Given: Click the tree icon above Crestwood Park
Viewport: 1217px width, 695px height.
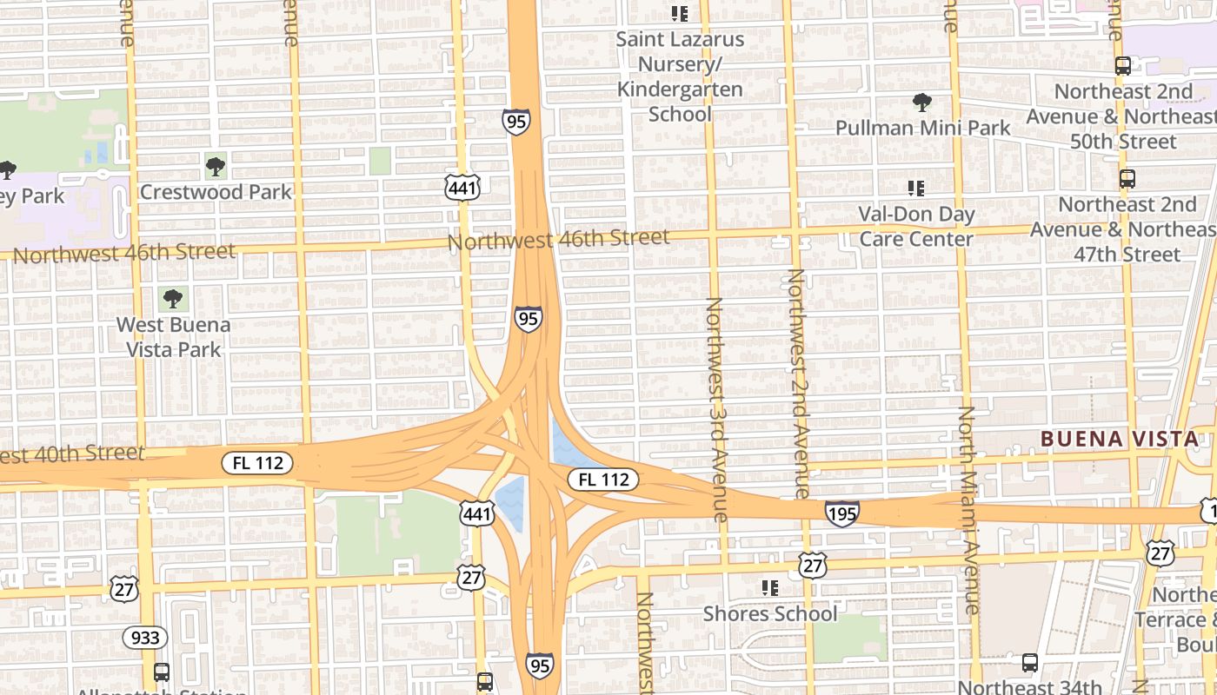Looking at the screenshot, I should [x=216, y=165].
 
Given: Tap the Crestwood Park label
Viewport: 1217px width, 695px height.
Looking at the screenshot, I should [x=216, y=192].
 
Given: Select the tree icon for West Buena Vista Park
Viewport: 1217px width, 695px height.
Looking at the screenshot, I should [x=173, y=299].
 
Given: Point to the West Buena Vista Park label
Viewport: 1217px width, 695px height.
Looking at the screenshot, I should [x=173, y=337].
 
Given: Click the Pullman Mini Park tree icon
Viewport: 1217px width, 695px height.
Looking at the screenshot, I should [x=922, y=103].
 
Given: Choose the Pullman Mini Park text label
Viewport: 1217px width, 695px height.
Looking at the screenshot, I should [x=922, y=129].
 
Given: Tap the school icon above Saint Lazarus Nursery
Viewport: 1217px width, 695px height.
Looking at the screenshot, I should [x=680, y=14].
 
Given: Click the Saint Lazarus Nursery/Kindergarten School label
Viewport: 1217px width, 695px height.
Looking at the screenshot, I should [x=680, y=76].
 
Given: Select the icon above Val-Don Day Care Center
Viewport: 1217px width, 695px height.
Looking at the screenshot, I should [x=915, y=188].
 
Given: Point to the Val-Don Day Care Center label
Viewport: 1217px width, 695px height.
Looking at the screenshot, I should [x=916, y=226].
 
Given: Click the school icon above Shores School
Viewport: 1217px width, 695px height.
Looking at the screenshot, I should [x=769, y=588].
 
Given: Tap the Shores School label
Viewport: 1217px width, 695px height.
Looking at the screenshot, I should [x=770, y=613].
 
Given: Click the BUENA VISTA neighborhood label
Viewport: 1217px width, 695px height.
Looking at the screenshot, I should [x=1120, y=439].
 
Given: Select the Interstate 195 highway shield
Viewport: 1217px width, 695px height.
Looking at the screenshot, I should [x=841, y=513].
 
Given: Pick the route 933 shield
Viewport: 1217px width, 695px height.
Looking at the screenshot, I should [x=145, y=638].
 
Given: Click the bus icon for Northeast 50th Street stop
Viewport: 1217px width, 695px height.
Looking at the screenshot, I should [x=1123, y=65].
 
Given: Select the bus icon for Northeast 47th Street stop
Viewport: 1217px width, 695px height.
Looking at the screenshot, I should [x=1127, y=179].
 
